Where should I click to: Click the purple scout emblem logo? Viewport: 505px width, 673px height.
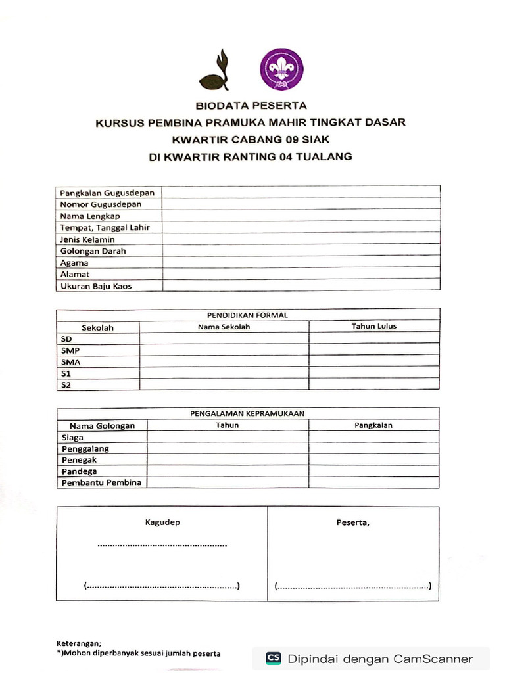pyautogui.click(x=282, y=70)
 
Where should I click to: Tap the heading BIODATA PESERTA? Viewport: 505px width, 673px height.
pyautogui.click(x=251, y=105)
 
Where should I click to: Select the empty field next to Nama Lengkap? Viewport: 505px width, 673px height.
pyautogui.click(x=301, y=216)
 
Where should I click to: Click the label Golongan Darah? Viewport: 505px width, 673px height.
pyautogui.click(x=93, y=251)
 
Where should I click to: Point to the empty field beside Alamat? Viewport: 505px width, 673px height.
pyautogui.click(x=301, y=274)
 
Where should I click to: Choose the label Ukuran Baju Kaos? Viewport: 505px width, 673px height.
pyautogui.click(x=96, y=286)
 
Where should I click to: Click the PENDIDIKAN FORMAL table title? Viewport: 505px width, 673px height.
pyautogui.click(x=247, y=315)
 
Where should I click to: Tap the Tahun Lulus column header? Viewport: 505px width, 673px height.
pyautogui.click(x=373, y=326)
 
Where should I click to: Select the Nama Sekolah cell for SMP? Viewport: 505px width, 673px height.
pyautogui.click(x=224, y=350)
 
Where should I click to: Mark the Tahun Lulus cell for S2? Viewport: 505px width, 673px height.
pyautogui.click(x=373, y=385)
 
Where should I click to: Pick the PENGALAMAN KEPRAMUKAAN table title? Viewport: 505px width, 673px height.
pyautogui.click(x=247, y=413)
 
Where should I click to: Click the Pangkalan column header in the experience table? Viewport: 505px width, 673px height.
pyautogui.click(x=373, y=425)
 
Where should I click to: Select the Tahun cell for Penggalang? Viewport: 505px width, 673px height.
pyautogui.click(x=228, y=449)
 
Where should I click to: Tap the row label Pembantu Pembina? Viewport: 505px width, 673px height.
pyautogui.click(x=102, y=483)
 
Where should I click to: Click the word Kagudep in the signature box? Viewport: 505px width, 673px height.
pyautogui.click(x=162, y=522)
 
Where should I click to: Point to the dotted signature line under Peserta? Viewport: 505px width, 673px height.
pyautogui.click(x=353, y=586)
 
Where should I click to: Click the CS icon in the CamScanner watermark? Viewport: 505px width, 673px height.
pyautogui.click(x=274, y=658)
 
